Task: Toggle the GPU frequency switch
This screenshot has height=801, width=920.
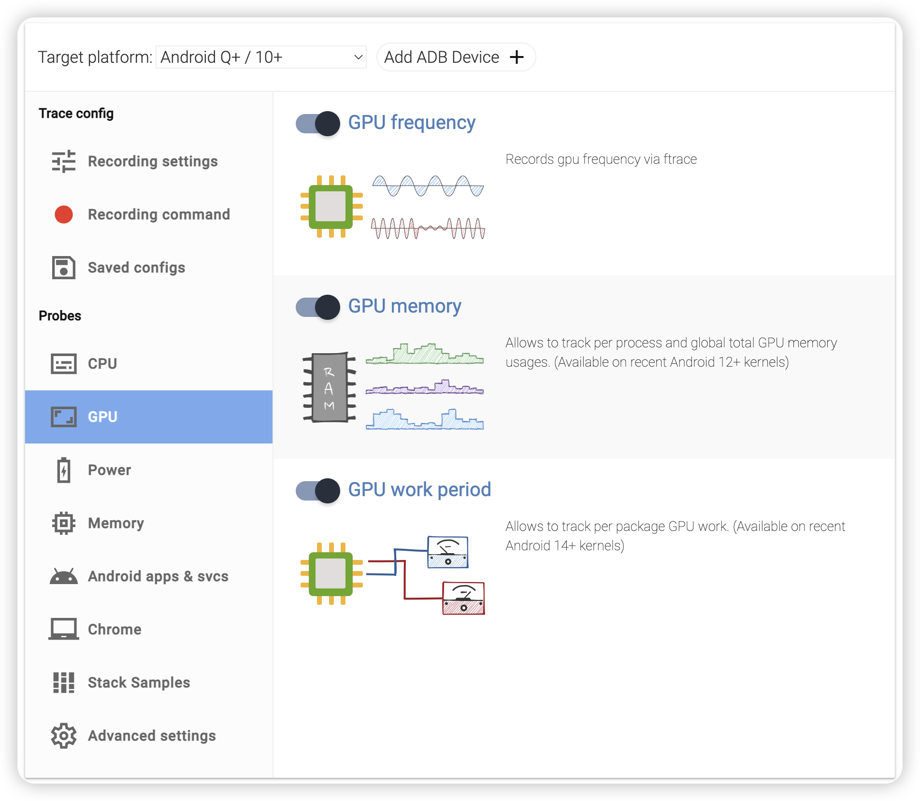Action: pyautogui.click(x=318, y=124)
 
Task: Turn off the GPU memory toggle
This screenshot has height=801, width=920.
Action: pyautogui.click(x=318, y=307)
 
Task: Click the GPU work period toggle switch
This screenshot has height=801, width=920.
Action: pyautogui.click(x=318, y=491)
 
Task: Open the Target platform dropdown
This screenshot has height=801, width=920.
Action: pyautogui.click(x=261, y=57)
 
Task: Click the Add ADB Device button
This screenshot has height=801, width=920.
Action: pyautogui.click(x=455, y=57)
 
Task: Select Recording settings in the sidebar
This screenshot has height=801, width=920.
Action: pyautogui.click(x=153, y=161)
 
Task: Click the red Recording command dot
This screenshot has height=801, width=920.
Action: pyautogui.click(x=64, y=215)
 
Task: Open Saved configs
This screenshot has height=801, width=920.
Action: pyautogui.click(x=136, y=268)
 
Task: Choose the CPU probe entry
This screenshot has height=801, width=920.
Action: pyautogui.click(x=102, y=364)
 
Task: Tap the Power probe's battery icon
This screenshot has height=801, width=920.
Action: pyautogui.click(x=64, y=470)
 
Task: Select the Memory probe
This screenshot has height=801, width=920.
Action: pyautogui.click(x=116, y=523)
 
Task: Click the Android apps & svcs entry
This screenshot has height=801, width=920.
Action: pyautogui.click(x=158, y=576)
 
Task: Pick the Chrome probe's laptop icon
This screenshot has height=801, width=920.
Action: pyautogui.click(x=64, y=629)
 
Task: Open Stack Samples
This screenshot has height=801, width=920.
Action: pyautogui.click(x=139, y=683)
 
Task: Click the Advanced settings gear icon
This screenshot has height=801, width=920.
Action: pyautogui.click(x=64, y=736)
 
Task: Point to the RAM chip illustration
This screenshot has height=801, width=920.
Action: pyautogui.click(x=330, y=387)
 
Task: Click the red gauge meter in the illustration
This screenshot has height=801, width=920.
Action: pyautogui.click(x=463, y=598)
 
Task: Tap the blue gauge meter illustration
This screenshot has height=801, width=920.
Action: pyautogui.click(x=448, y=552)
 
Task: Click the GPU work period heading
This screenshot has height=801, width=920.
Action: pyautogui.click(x=419, y=490)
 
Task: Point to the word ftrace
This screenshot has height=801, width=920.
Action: pyautogui.click(x=680, y=159)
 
